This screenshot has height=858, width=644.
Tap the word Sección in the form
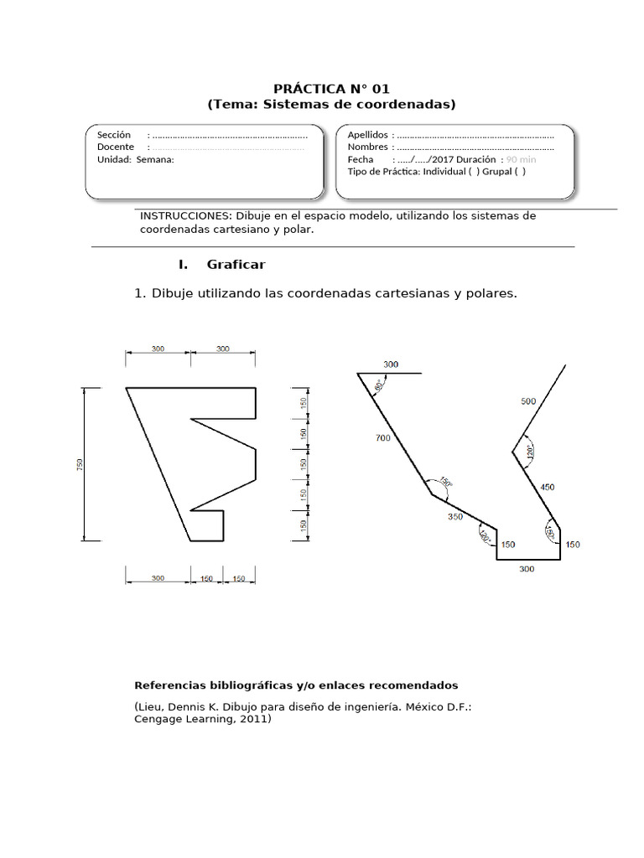[114, 135]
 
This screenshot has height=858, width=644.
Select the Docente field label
[116, 147]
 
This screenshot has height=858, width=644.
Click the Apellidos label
[367, 135]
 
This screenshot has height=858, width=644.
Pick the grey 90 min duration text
[522, 159]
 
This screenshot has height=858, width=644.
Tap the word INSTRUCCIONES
[184, 215]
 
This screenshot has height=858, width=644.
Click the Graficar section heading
[236, 265]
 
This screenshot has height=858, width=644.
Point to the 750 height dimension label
[80, 463]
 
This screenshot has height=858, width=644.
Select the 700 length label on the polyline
[383, 438]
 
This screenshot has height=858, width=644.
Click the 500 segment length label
[528, 401]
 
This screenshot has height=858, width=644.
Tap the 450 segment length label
[547, 487]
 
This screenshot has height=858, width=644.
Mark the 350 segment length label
[455, 517]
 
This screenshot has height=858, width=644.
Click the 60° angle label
[379, 385]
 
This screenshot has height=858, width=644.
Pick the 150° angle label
[445, 483]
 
